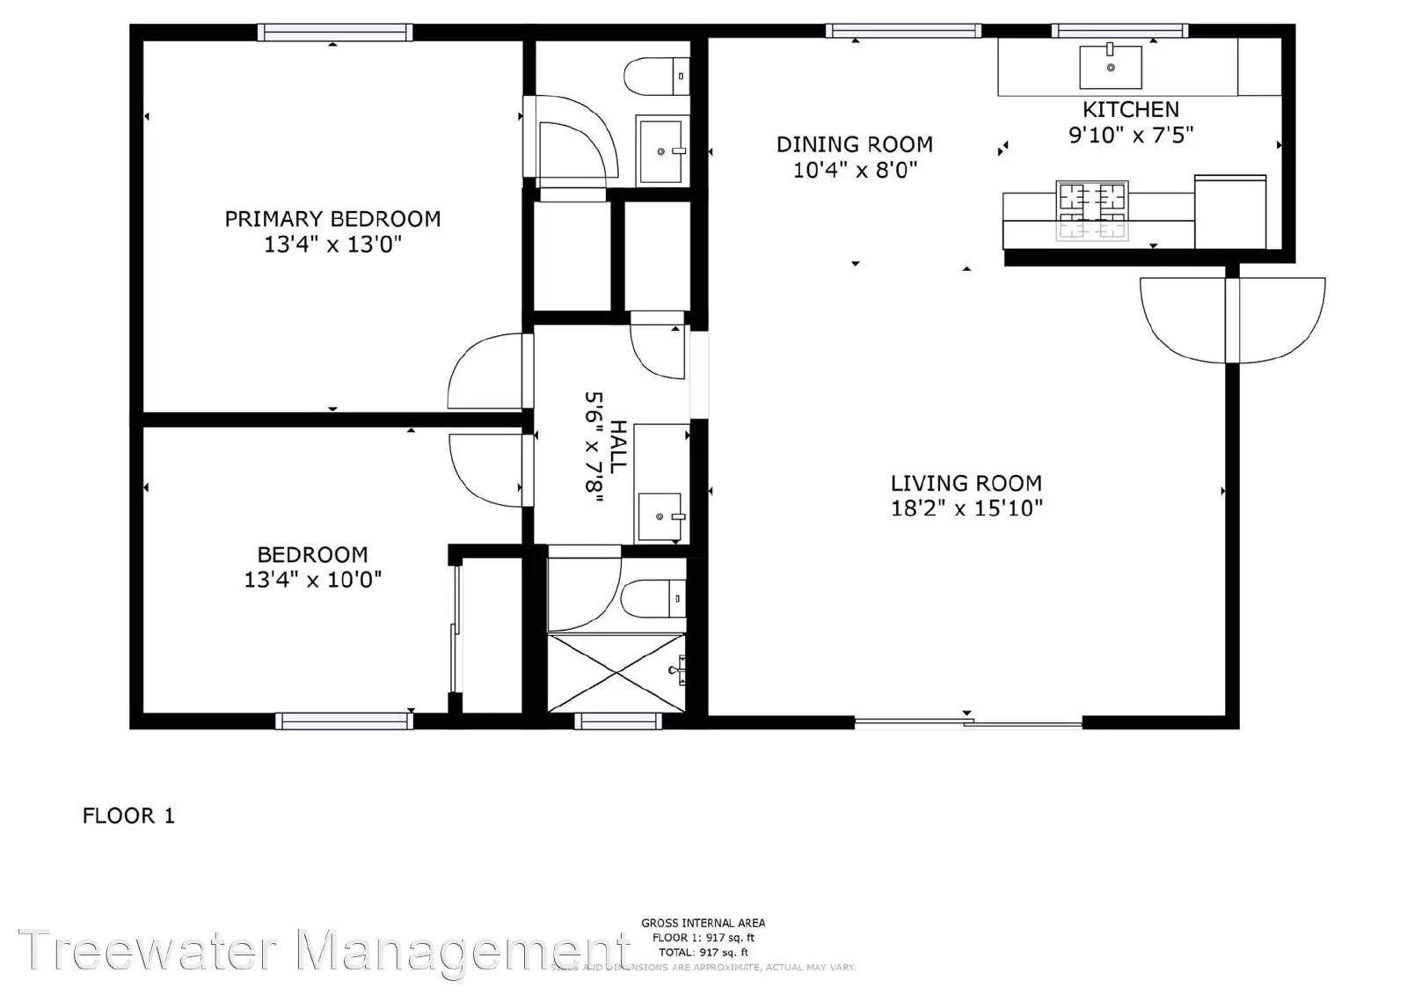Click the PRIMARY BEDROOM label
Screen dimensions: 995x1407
pyautogui.click(x=332, y=219)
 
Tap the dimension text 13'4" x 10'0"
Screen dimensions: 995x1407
pyautogui.click(x=313, y=580)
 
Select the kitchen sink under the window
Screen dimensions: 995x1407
pyautogui.click(x=1110, y=67)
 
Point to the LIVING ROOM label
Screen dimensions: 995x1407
pyautogui.click(x=966, y=483)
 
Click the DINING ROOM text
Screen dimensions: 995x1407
pyautogui.click(x=854, y=144)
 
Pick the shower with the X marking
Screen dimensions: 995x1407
pyautogui.click(x=616, y=672)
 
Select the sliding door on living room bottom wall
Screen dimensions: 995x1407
pyautogui.click(x=967, y=723)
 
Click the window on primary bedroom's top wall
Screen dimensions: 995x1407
pyautogui.click(x=334, y=33)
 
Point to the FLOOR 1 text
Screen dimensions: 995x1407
pyautogui.click(x=128, y=816)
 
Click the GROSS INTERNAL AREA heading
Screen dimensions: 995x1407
pyautogui.click(x=703, y=923)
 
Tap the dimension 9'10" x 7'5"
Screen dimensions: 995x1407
pyautogui.click(x=1130, y=135)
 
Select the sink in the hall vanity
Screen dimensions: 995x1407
pyautogui.click(x=660, y=516)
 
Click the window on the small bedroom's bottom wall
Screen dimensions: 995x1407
pyautogui.click(x=344, y=721)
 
